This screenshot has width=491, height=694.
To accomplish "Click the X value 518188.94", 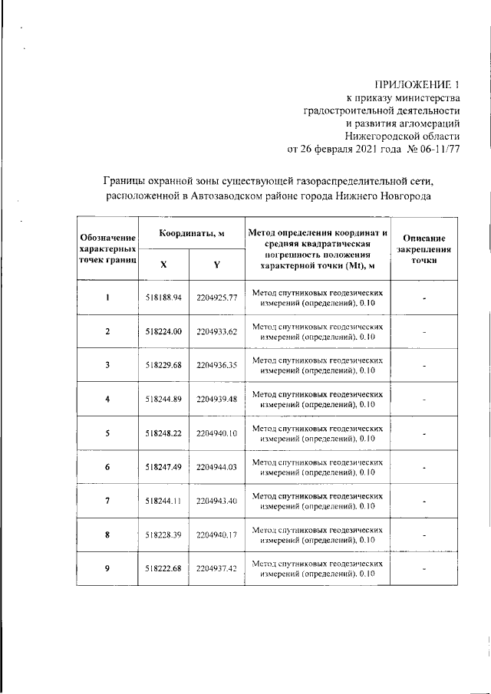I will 163,298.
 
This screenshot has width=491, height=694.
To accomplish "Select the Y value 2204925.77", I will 217,298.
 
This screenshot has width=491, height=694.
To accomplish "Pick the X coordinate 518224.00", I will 163,331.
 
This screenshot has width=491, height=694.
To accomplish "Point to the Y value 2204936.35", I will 217,365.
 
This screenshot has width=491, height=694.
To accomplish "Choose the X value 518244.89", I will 163,399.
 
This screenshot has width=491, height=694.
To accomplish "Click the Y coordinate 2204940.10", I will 217,433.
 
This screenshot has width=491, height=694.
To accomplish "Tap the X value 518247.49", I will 163,466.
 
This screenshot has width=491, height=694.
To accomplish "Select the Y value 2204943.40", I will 217,500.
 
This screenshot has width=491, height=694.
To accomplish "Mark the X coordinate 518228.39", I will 163,534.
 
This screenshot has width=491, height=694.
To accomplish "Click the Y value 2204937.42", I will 217,568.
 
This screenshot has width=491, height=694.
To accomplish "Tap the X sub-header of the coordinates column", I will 163,265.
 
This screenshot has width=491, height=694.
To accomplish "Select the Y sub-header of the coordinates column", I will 217,265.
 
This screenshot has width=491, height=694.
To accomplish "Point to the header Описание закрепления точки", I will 423,249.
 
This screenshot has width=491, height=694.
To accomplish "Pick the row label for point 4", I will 107,399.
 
